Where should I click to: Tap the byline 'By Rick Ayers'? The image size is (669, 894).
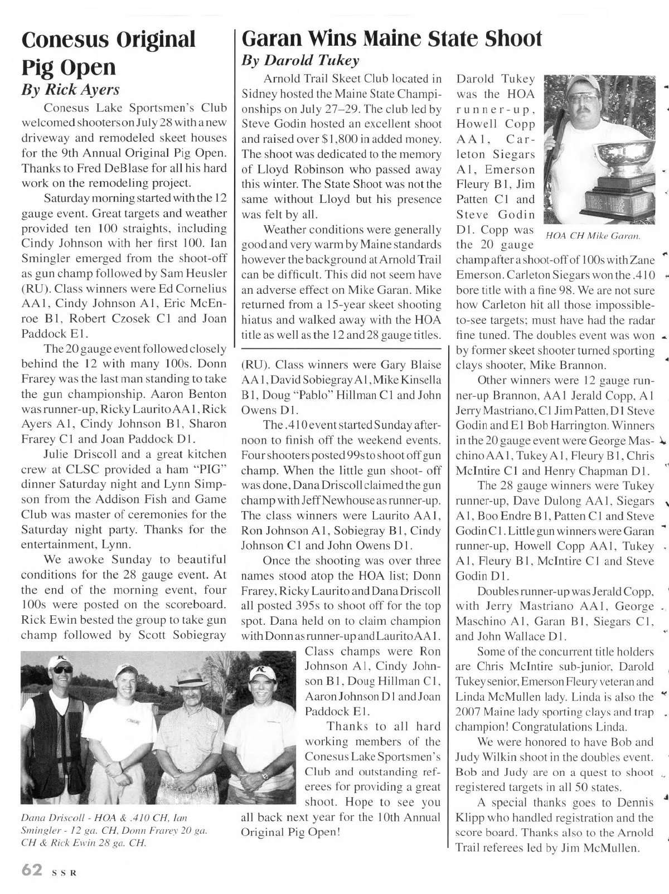[70, 90]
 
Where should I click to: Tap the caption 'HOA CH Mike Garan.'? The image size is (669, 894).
[593, 236]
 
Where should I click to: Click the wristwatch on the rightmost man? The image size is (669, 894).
[266, 775]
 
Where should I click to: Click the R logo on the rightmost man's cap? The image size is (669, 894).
[259, 670]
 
